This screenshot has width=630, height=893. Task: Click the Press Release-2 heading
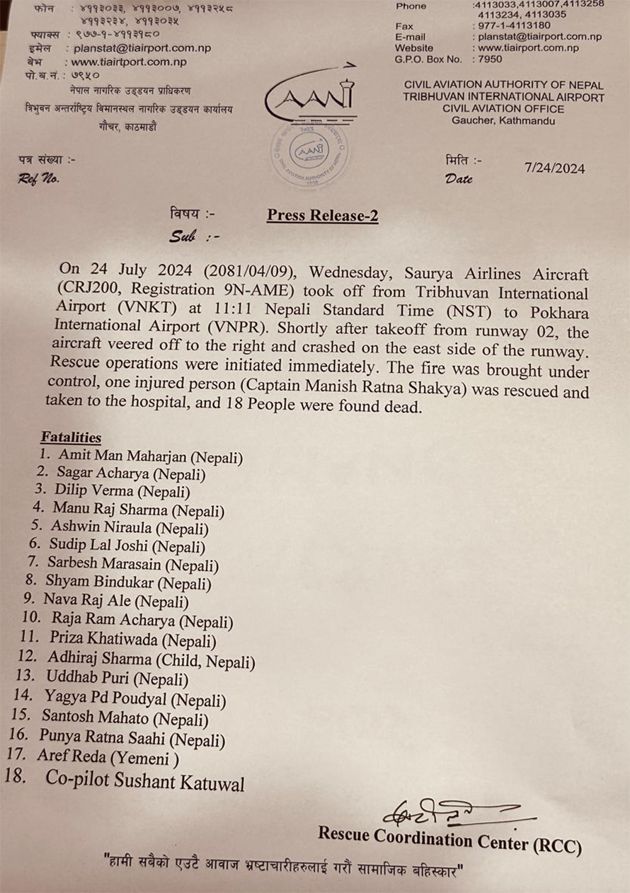pos(322,216)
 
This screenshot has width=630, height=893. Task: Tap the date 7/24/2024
pos(555,168)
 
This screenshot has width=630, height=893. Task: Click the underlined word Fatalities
pos(71,437)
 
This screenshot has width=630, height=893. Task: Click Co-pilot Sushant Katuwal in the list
pos(144,781)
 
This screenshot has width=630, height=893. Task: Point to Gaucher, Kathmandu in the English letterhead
pos(503,121)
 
